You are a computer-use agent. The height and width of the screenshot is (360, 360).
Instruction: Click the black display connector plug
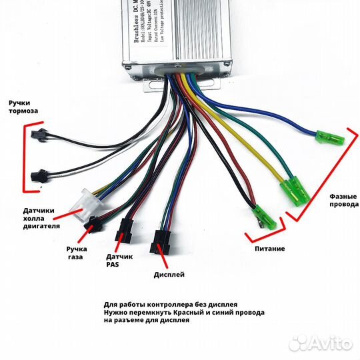[161, 241]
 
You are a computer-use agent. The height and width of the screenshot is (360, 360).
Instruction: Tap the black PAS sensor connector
[124, 230]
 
